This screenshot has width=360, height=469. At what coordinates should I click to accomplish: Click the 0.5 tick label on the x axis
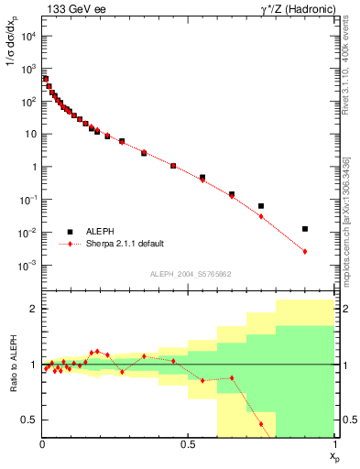pyautogui.click(x=189, y=443)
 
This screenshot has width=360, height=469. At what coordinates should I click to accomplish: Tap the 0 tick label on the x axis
pyautogui.click(x=42, y=443)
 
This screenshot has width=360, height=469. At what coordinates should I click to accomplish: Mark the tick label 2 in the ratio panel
pyautogui.click(x=33, y=310)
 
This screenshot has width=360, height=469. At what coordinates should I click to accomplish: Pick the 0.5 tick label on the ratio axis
pyautogui.click(x=29, y=420)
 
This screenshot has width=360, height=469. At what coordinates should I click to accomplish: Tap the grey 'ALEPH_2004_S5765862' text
pyautogui.click(x=190, y=274)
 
